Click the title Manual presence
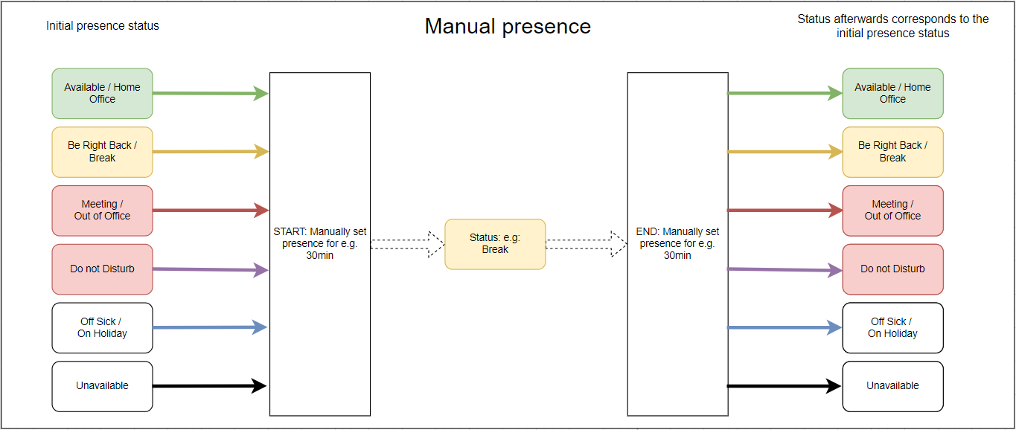pos(508,26)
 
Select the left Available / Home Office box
pos(103,93)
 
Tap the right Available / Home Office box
pos(892,93)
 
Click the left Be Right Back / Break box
pos(103,152)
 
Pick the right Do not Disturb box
pos(892,269)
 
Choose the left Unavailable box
pos(103,386)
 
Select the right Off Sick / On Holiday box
pos(892,327)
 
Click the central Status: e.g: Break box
pos(495,244)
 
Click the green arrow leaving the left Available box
pos(211,93)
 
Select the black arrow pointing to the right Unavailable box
pos(785,386)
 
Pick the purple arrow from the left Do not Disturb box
pos(211,269)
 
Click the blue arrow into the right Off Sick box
pos(785,327)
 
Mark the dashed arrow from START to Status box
pos(407,244)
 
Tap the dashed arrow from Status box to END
pos(587,244)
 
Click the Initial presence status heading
pos(103,26)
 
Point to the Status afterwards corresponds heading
pos(892,26)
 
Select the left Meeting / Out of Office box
pos(103,211)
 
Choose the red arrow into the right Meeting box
pos(785,211)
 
